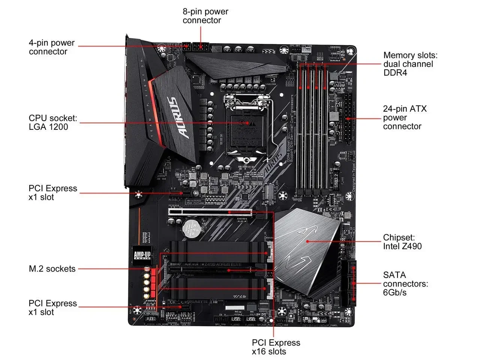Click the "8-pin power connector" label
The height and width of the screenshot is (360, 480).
pos(205,16)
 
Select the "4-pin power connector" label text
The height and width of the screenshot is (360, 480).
pos(52,47)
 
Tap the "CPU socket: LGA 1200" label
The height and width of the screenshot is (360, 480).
pos(52,123)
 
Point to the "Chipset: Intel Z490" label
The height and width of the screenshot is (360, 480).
pos(402,242)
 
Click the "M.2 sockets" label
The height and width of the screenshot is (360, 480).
pos(52,269)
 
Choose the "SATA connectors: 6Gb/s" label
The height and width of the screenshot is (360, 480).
pos(405,284)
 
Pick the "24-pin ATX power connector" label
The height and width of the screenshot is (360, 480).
pos(405,117)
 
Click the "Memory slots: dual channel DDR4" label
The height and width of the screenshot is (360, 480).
pos(410,64)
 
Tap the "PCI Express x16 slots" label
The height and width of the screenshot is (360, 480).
pos(276,347)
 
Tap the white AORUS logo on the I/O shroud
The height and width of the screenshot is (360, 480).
pos(178,118)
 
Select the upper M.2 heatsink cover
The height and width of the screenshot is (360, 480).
pos(219,251)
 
